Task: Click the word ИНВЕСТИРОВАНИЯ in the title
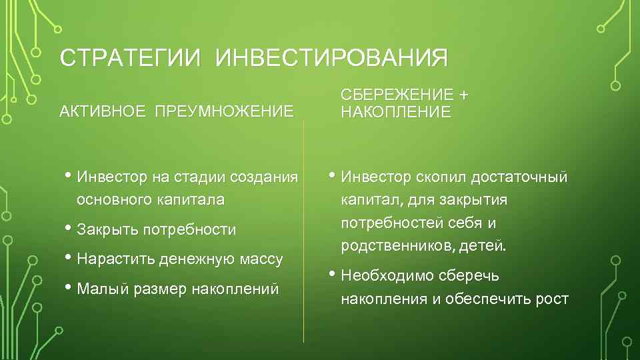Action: coord(331,58)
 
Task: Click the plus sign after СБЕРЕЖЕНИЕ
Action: coord(463,95)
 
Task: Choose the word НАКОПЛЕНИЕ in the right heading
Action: coord(396,112)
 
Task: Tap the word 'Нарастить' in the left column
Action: coord(116,259)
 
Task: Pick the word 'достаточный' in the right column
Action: coord(519,177)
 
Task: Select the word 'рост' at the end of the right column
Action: coord(552,299)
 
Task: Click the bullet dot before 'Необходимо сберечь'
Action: coord(333,273)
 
